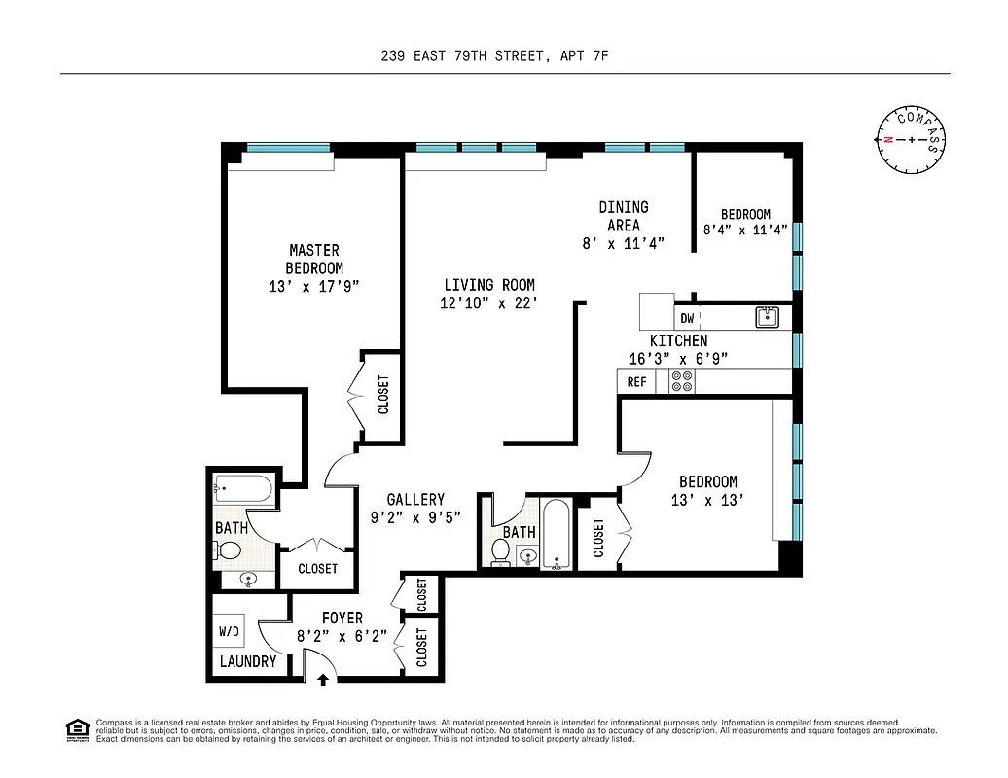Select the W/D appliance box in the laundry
point(230,631)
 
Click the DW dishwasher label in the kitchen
point(687,318)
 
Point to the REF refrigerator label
point(636,382)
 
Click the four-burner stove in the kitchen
point(682,382)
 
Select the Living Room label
point(489,285)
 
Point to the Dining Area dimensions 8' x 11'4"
point(623,244)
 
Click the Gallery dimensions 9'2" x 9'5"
point(415,517)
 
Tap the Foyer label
point(342,618)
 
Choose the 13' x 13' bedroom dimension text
point(707,500)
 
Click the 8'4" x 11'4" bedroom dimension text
point(745,231)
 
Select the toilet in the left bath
point(229,551)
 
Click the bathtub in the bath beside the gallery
point(557,534)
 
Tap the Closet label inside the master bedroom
point(383,396)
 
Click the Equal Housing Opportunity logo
point(77,728)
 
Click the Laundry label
point(247,661)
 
